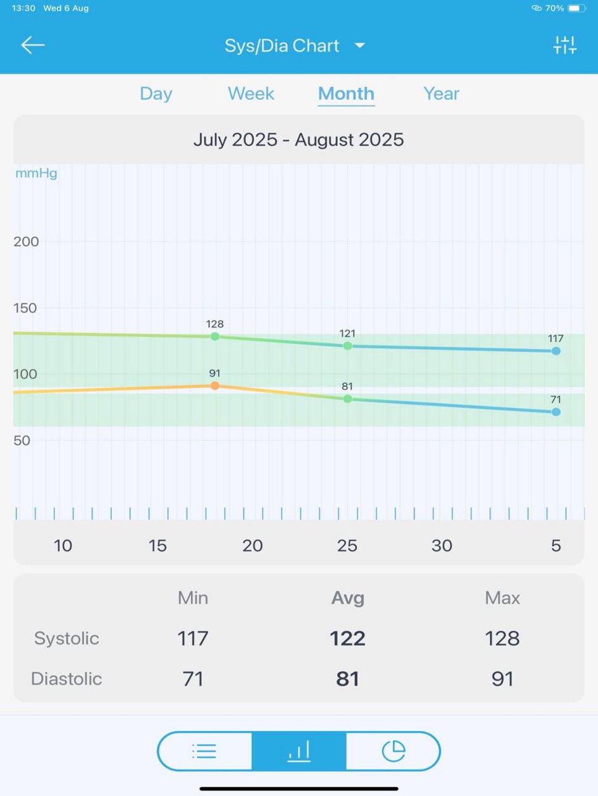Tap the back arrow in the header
pos(33,45)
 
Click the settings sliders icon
pos(565,45)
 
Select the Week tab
pos(251,94)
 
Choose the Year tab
pos(441,94)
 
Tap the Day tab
pos(156,94)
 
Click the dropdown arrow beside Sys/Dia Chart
pos(360,45)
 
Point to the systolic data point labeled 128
pos(215,336)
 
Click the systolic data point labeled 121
pos(347,346)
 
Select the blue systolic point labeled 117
pos(556,351)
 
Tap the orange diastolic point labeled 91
pos(215,386)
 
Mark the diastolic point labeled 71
pos(556,412)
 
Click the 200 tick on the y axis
pos(26,241)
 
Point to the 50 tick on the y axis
pos(22,441)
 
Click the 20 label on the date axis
pos(252,545)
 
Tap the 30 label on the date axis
pos(442,545)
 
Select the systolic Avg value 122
pos(347,638)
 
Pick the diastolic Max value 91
pos(502,679)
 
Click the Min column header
pos(193,598)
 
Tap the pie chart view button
pos(394,751)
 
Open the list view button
pos(204,751)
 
